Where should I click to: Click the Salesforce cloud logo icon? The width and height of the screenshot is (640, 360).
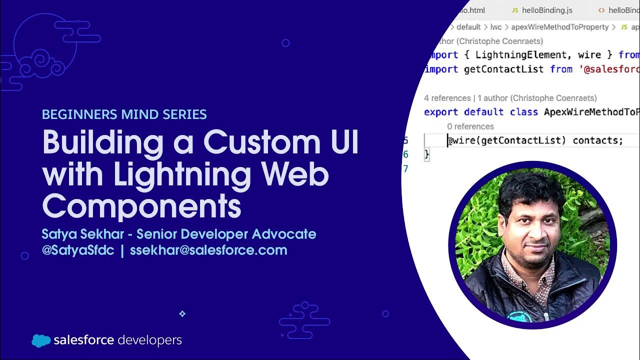pyautogui.click(x=41, y=340)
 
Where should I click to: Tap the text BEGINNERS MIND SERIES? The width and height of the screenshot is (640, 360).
pyautogui.click(x=124, y=114)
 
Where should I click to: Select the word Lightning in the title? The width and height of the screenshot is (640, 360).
pyautogui.click(x=182, y=174)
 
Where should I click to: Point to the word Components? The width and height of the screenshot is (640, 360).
pyautogui.click(x=141, y=206)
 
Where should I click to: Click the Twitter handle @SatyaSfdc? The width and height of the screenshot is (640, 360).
pyautogui.click(x=78, y=250)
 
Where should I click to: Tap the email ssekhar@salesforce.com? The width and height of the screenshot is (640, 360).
pyautogui.click(x=208, y=250)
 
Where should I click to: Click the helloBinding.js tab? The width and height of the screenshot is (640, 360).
pyautogui.click(x=547, y=10)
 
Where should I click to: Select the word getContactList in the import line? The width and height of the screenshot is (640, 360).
pyautogui.click(x=504, y=69)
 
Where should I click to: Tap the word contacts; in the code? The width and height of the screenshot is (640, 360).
pyautogui.click(x=598, y=140)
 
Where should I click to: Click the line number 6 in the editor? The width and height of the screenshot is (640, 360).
pyautogui.click(x=406, y=154)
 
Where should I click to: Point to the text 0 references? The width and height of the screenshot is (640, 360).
pyautogui.click(x=470, y=126)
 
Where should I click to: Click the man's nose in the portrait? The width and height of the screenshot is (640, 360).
pyautogui.click(x=533, y=236)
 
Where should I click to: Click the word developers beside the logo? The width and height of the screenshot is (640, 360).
pyautogui.click(x=150, y=340)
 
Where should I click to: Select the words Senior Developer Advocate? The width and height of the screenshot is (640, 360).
pyautogui.click(x=226, y=234)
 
